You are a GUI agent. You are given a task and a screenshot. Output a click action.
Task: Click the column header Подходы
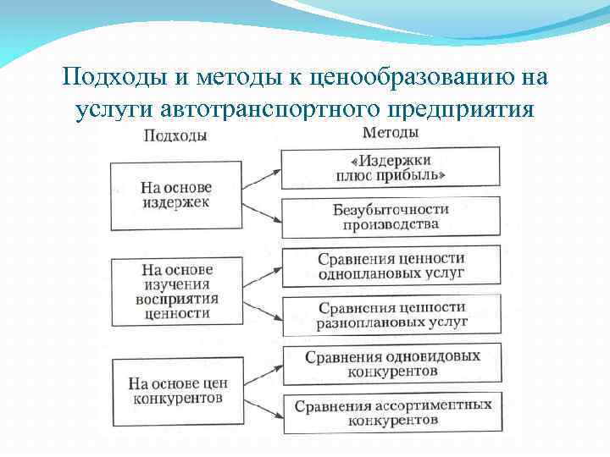[x=176, y=136]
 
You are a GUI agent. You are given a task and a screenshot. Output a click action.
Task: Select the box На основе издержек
[x=176, y=195]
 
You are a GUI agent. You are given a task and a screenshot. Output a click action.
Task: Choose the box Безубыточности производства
[x=391, y=217]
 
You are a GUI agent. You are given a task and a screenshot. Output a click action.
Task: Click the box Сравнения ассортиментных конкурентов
[x=392, y=412]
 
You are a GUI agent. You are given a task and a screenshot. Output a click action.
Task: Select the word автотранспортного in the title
[x=270, y=111]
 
